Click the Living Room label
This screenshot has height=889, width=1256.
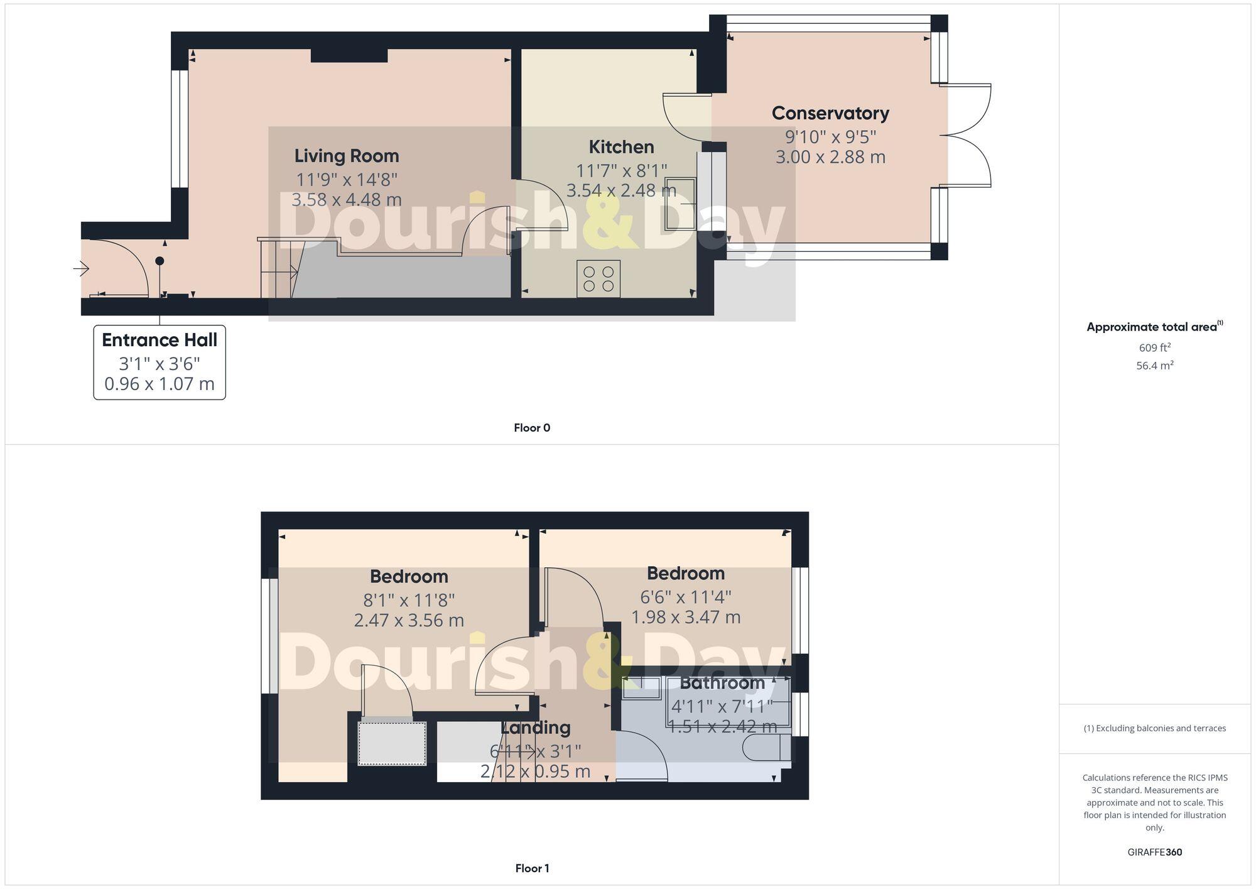(x=347, y=156)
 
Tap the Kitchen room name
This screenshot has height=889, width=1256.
(x=621, y=147)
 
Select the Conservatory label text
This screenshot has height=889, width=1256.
(x=830, y=113)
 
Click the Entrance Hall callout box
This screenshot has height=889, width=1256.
(x=160, y=362)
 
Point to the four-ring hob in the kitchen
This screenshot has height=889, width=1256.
(x=598, y=279)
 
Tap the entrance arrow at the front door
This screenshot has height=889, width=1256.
(x=81, y=269)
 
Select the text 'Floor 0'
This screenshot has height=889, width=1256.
(x=532, y=428)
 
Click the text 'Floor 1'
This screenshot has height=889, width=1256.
(x=532, y=868)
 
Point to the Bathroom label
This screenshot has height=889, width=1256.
(x=722, y=682)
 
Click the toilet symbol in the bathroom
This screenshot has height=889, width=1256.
(x=761, y=748)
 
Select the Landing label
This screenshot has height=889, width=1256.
(x=536, y=728)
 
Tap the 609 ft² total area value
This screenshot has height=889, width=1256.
(x=1154, y=347)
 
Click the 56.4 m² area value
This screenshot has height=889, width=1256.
(x=1154, y=366)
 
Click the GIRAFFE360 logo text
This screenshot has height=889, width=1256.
(x=1154, y=852)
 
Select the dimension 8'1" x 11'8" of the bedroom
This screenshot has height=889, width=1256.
(x=409, y=600)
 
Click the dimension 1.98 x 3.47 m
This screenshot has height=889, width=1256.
(x=686, y=617)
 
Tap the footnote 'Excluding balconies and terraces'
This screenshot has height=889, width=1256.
(x=1154, y=728)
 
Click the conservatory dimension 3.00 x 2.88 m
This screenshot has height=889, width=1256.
(x=830, y=156)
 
